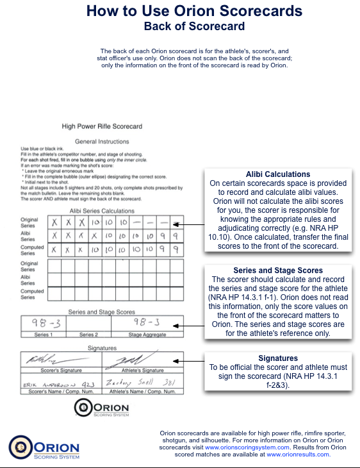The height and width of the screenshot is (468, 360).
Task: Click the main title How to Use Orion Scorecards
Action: [194, 11]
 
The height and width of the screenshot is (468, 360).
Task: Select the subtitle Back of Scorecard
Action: [194, 26]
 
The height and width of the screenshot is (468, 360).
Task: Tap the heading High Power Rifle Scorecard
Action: [102, 126]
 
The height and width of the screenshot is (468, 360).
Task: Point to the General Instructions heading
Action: [102, 141]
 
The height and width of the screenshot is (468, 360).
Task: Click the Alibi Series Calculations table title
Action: [102, 210]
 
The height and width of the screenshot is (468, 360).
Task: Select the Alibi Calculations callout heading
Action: [278, 174]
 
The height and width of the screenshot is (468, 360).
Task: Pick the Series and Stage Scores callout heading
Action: [278, 271]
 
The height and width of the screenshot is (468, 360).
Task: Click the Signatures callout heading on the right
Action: [278, 358]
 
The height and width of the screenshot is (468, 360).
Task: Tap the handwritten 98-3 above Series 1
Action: [43, 324]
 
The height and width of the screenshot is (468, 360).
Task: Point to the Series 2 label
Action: [89, 335]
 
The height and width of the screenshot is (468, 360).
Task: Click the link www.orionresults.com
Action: [298, 454]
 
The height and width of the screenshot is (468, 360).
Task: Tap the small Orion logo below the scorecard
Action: [102, 408]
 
